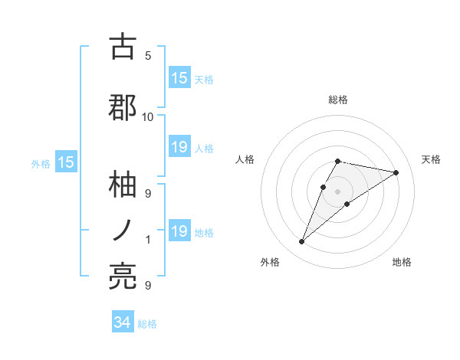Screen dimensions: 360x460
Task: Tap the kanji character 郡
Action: tap(123, 107)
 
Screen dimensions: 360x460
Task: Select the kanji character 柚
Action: tap(123, 184)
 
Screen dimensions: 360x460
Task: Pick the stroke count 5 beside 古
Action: tap(148, 55)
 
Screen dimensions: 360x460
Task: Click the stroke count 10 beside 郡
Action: tap(148, 116)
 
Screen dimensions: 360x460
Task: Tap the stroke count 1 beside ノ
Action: tap(148, 240)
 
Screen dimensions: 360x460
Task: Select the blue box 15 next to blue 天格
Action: tap(179, 78)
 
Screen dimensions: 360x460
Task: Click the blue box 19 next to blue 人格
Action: tap(179, 147)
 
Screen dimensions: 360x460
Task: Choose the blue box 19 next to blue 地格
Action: tap(179, 231)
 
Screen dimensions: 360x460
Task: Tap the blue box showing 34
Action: tap(123, 322)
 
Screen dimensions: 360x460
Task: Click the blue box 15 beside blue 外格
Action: tap(65, 162)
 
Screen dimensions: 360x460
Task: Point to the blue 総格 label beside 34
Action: tap(147, 324)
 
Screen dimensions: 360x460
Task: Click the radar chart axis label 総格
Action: tap(338, 100)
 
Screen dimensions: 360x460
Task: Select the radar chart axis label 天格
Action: tap(432, 159)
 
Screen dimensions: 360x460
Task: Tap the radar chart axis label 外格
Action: tap(270, 262)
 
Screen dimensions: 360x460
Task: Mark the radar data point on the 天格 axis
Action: tap(396, 172)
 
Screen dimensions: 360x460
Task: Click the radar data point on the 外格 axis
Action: tap(301, 242)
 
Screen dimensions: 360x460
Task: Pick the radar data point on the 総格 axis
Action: tap(338, 161)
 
